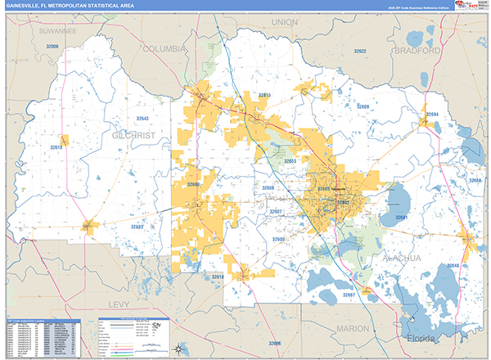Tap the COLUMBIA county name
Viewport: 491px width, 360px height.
(x=165, y=48)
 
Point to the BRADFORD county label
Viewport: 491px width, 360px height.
(x=417, y=48)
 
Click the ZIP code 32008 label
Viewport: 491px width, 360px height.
(x=54, y=47)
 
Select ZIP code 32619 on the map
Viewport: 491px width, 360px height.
(x=56, y=147)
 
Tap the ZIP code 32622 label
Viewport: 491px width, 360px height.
(x=361, y=51)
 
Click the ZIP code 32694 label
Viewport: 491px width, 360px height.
(x=432, y=114)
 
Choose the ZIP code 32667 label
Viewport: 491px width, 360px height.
(x=349, y=294)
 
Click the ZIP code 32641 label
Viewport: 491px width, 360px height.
(x=401, y=218)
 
